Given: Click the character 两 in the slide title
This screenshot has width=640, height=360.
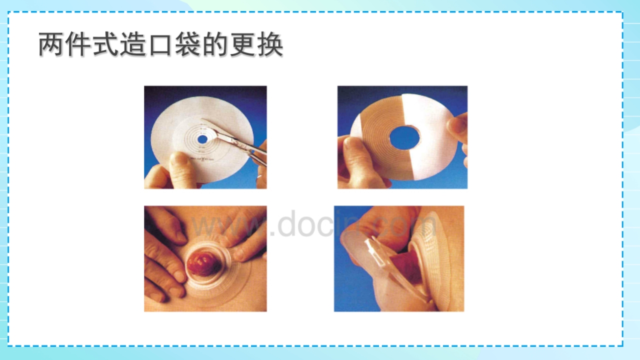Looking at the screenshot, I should (x=52, y=45).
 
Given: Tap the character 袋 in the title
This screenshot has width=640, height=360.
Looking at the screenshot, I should (x=187, y=45).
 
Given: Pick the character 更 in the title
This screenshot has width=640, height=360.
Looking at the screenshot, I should (x=242, y=45).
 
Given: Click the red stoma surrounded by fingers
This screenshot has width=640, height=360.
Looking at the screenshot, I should (x=202, y=263).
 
